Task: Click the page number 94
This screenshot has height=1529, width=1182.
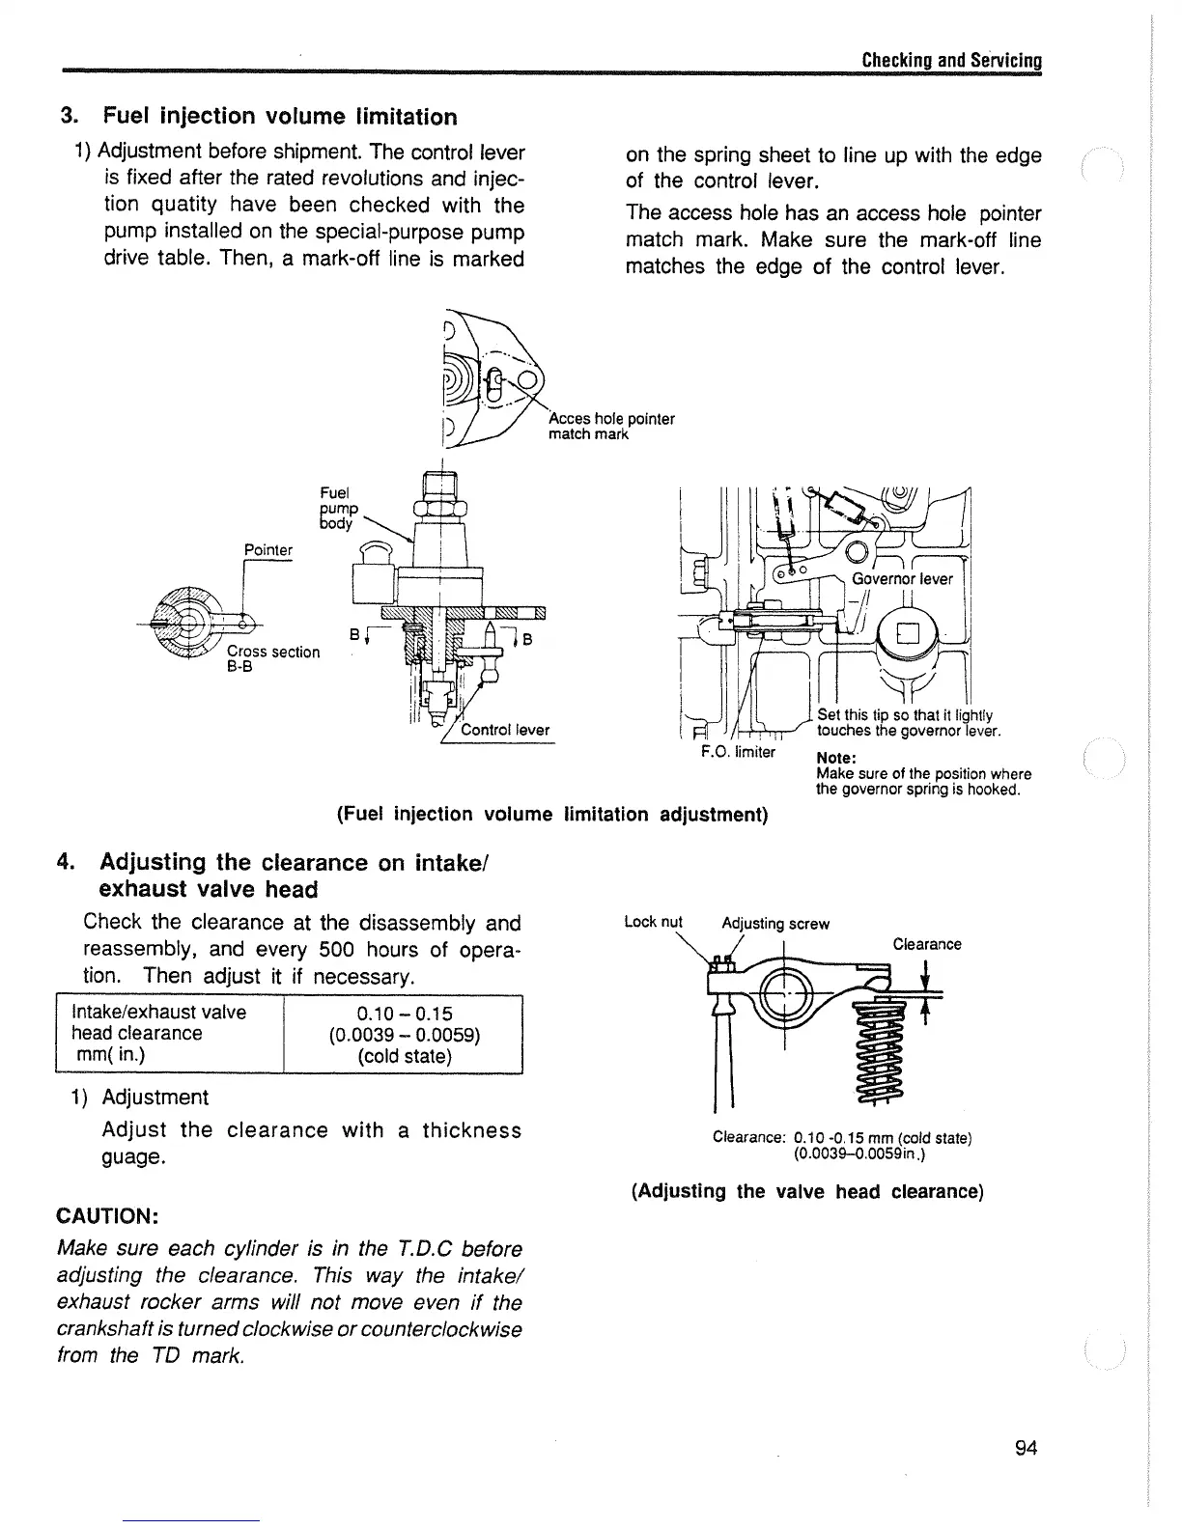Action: pos(1026,1448)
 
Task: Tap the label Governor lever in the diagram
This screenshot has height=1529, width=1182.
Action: pos(902,579)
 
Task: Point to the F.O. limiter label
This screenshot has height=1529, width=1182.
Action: pos(738,752)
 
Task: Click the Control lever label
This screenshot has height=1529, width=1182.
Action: pos(505,730)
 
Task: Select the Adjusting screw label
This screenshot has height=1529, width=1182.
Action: pos(775,924)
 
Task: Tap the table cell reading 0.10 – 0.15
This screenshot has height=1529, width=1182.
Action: pos(404,1013)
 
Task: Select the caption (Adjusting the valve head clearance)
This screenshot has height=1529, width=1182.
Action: pos(806,1191)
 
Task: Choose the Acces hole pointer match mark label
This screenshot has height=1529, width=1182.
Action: pos(610,427)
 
